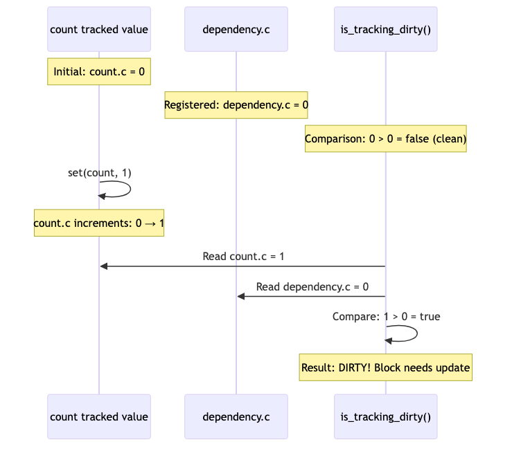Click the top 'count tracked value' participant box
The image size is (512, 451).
(99, 29)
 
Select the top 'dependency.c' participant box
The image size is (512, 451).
(236, 29)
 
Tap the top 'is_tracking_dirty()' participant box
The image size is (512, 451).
(385, 29)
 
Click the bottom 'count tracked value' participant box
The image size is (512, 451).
(99, 416)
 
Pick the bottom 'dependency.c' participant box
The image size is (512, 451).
(236, 416)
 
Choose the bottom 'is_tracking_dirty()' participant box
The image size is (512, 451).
(385, 416)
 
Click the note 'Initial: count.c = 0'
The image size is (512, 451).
(99, 71)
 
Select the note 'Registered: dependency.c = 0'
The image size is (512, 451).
(236, 105)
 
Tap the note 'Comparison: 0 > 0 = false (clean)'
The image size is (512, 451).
(385, 138)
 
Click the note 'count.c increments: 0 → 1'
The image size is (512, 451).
(99, 223)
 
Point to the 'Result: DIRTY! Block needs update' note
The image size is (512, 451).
(385, 367)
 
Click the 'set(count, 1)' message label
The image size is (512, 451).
(99, 172)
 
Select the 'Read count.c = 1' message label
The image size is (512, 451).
(243, 256)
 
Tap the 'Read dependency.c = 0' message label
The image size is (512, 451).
(312, 286)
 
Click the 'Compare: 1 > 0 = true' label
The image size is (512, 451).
(386, 316)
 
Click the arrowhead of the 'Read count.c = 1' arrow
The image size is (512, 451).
(104, 266)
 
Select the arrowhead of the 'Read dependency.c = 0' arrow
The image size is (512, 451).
(241, 296)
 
